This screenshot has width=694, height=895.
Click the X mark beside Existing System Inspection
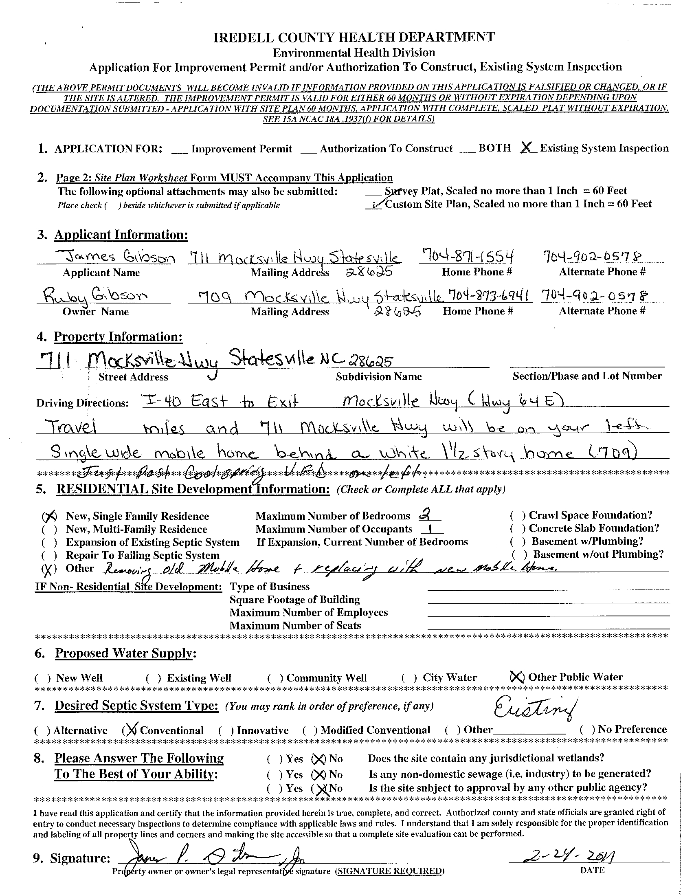[x=528, y=148]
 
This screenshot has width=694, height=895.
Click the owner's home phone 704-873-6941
[x=490, y=295]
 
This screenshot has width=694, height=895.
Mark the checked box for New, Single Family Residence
[x=49, y=517]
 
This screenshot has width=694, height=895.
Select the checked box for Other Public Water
[x=516, y=677]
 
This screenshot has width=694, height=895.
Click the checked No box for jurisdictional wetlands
[x=318, y=759]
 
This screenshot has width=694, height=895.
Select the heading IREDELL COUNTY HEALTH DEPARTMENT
[x=354, y=37]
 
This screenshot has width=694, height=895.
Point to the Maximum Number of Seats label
[x=295, y=625]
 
